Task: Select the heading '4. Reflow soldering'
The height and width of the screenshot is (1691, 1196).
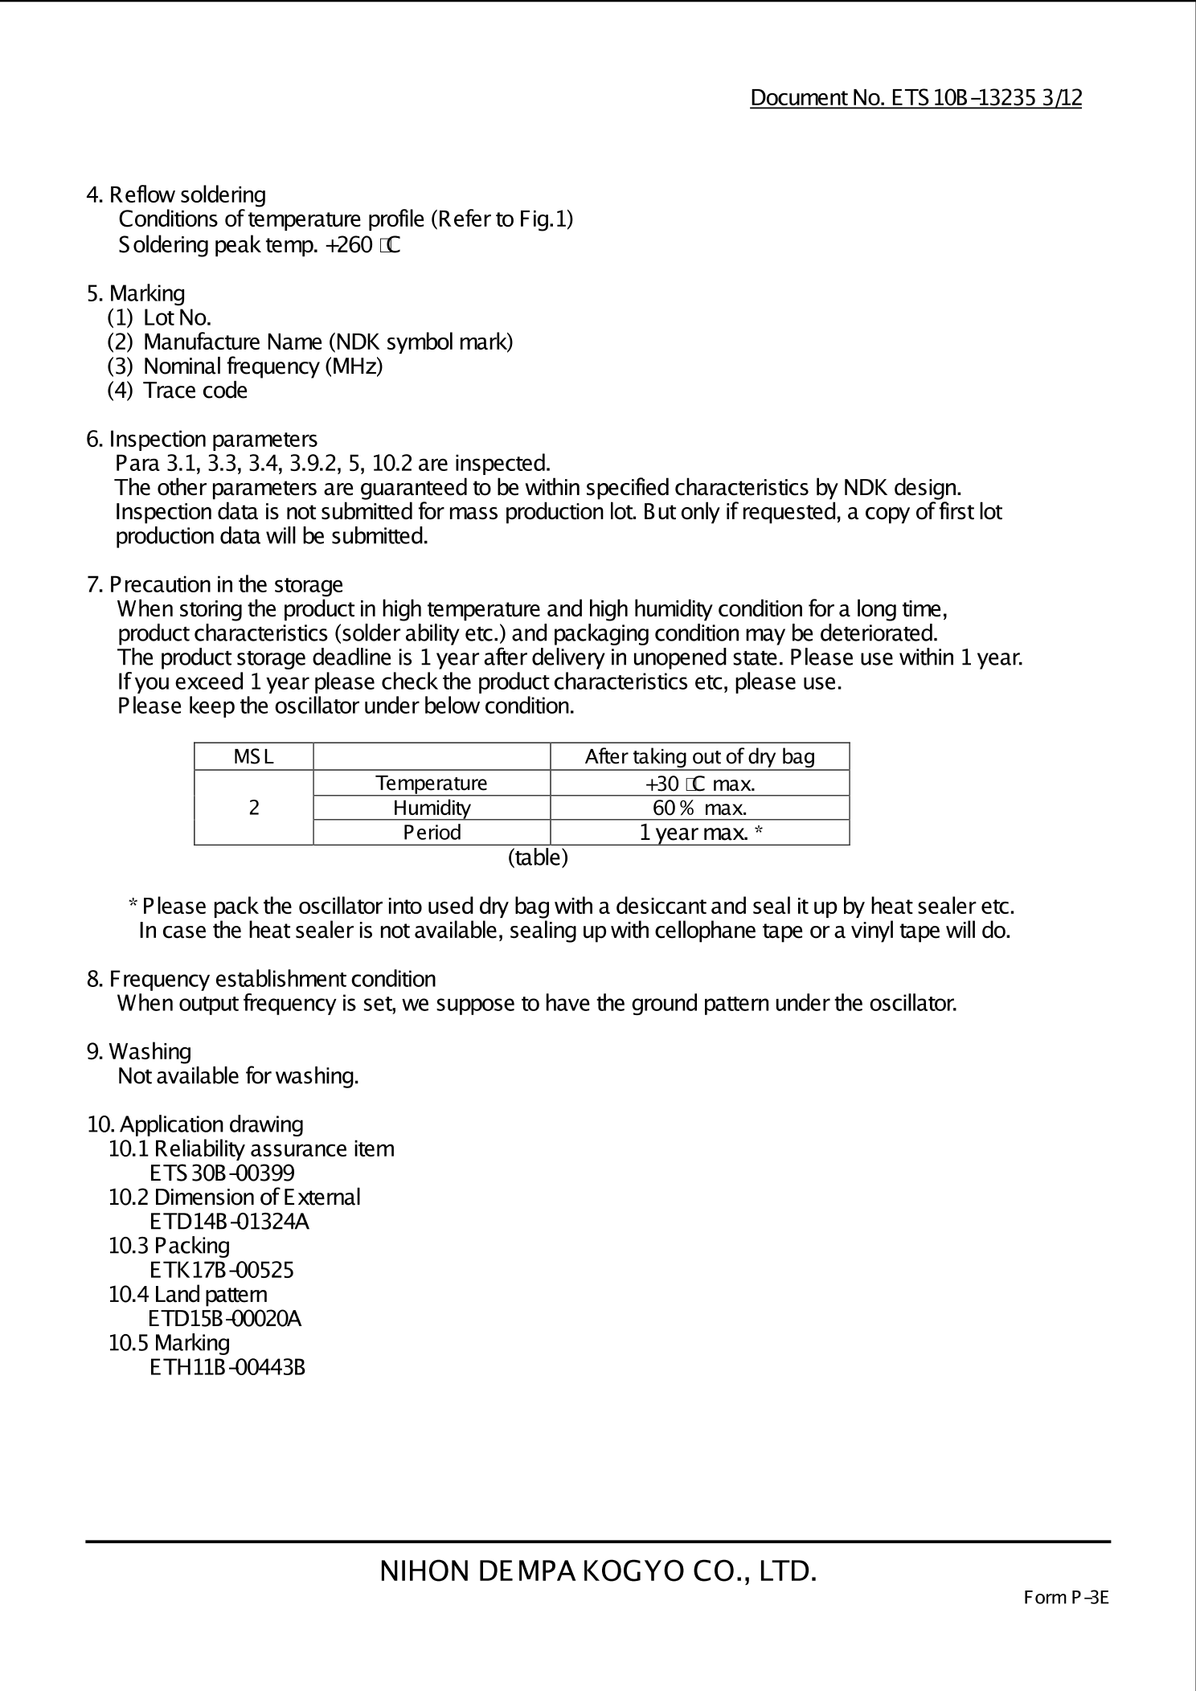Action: [x=176, y=195]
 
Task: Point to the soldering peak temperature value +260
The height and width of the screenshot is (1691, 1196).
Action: [x=348, y=244]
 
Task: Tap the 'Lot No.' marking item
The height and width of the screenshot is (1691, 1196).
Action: [x=177, y=317]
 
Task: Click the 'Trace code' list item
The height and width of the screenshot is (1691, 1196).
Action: [x=195, y=391]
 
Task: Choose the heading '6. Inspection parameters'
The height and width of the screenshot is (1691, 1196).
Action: [x=202, y=440]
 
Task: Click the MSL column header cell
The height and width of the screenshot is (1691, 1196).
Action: [x=253, y=756]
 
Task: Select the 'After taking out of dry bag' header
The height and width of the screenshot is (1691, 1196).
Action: [x=699, y=756]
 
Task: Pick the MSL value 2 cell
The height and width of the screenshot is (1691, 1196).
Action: [x=254, y=808]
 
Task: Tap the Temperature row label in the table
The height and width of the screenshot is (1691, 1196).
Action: [x=432, y=783]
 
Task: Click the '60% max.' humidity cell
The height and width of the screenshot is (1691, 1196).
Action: [x=699, y=808]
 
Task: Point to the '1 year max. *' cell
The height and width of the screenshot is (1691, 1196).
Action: [x=700, y=833]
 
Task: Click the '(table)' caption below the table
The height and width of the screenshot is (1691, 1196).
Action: [x=538, y=858]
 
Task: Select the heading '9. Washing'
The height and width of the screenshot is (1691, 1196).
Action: [x=139, y=1052]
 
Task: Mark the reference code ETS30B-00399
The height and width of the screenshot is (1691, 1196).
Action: [x=222, y=1173]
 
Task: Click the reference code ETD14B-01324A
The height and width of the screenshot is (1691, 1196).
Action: [x=229, y=1222]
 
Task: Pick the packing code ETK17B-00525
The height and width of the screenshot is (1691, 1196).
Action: [x=222, y=1270]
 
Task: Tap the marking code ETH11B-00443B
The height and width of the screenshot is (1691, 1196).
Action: [x=227, y=1367]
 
